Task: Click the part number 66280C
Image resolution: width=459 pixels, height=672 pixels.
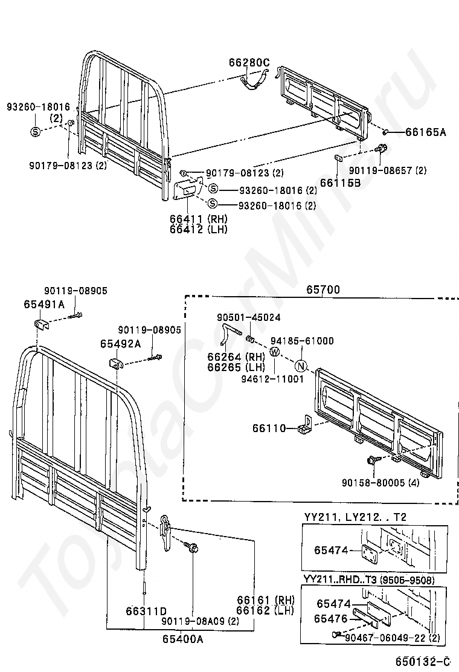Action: click(249, 63)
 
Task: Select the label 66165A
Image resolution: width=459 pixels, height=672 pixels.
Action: click(426, 132)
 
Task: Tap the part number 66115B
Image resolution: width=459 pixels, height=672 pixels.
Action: click(341, 183)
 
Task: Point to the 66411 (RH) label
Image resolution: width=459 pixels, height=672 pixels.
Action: click(199, 219)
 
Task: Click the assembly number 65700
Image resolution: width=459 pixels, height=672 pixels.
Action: click(323, 289)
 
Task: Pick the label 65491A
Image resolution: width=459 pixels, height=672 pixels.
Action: click(44, 305)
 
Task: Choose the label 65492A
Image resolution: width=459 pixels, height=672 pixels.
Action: click(121, 344)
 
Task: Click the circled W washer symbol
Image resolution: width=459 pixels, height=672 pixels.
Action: click(274, 352)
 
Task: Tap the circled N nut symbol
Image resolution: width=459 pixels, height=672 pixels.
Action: click(301, 366)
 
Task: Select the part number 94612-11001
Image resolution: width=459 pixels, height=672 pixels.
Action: click(272, 379)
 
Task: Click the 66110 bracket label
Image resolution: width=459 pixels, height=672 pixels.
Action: click(269, 428)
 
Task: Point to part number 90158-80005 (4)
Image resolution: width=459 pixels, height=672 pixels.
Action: click(380, 483)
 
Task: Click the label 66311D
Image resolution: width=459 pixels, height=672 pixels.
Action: click(146, 611)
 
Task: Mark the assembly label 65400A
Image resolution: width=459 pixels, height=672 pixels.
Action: click(183, 639)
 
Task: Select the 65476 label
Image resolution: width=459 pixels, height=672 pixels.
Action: click(330, 618)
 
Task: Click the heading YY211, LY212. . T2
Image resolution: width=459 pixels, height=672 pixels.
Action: click(355, 517)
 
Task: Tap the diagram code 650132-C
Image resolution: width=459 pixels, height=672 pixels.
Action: click(423, 661)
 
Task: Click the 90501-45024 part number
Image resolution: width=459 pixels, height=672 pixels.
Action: click(249, 318)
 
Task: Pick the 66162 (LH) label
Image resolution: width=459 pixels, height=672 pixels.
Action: click(266, 610)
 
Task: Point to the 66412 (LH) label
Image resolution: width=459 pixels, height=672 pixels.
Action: click(199, 229)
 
